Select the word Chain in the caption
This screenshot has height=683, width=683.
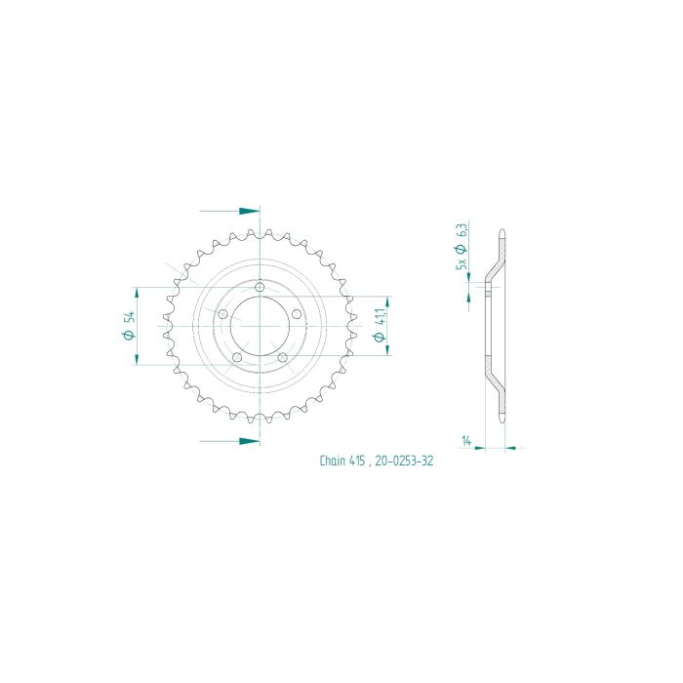(x=332, y=462)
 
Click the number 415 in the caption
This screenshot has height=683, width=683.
(x=358, y=462)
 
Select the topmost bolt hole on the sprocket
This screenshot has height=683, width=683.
(x=261, y=287)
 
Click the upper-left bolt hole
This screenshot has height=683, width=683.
(x=222, y=314)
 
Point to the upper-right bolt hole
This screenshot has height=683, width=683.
(x=298, y=314)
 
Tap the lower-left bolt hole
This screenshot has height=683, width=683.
(x=237, y=357)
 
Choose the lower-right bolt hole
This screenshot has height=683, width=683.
(x=283, y=357)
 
